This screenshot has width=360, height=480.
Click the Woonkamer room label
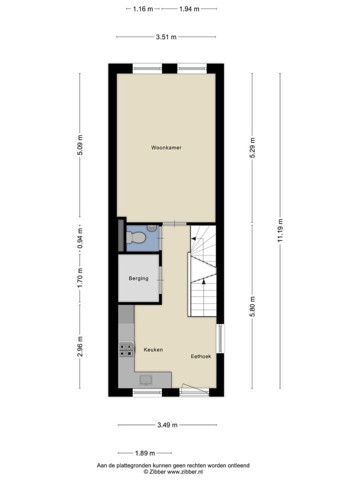(166, 147)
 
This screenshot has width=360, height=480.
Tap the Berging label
(138, 278)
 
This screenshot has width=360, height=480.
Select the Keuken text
(153, 350)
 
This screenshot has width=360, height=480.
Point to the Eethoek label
(200, 356)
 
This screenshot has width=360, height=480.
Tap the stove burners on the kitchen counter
(126, 349)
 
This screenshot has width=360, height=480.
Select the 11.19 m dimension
(281, 230)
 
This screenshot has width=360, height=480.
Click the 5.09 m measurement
(80, 145)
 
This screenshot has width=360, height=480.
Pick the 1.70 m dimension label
(80, 277)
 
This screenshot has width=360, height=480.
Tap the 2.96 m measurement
(80, 346)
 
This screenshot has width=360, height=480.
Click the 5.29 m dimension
(252, 148)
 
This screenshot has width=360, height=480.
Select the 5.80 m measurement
(252, 306)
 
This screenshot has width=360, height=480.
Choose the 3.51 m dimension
(166, 36)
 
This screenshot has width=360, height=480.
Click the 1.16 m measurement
(143, 8)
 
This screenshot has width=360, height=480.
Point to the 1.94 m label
(189, 8)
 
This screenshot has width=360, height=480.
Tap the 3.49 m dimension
(167, 425)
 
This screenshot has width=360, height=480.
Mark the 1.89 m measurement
(145, 453)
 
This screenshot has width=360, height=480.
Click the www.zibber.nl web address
(184, 471)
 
